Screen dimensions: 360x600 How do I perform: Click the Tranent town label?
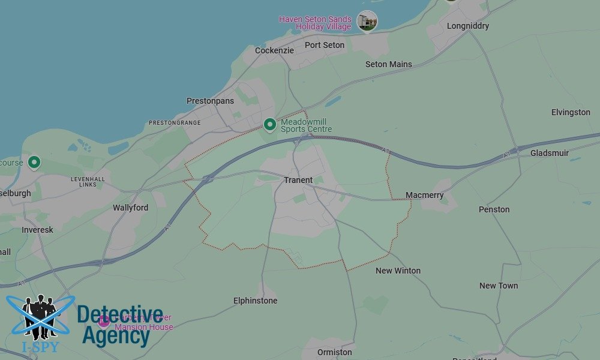(x=298, y=180)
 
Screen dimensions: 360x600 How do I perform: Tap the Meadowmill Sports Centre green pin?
(x=270, y=125)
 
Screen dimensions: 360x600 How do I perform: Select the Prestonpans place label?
(x=210, y=101)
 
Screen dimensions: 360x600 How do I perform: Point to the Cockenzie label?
(x=274, y=50)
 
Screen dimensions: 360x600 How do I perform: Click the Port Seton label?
(x=325, y=45)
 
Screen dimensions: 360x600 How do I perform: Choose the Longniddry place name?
(x=468, y=26)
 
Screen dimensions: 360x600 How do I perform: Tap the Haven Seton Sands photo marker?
(x=367, y=21)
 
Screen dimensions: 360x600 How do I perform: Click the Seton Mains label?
(x=389, y=64)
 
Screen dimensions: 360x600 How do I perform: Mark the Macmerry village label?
(x=424, y=195)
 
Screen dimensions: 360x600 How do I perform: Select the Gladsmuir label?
(x=550, y=153)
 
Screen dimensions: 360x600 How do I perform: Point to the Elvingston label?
(x=571, y=112)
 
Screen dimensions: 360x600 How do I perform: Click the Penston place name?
(x=494, y=209)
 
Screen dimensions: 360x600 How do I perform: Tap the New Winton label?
(x=398, y=271)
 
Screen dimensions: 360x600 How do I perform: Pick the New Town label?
(x=499, y=286)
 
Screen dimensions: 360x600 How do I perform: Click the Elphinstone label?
(x=256, y=301)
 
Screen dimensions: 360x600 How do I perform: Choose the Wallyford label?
(x=130, y=208)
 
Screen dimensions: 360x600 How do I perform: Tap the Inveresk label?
(x=37, y=230)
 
